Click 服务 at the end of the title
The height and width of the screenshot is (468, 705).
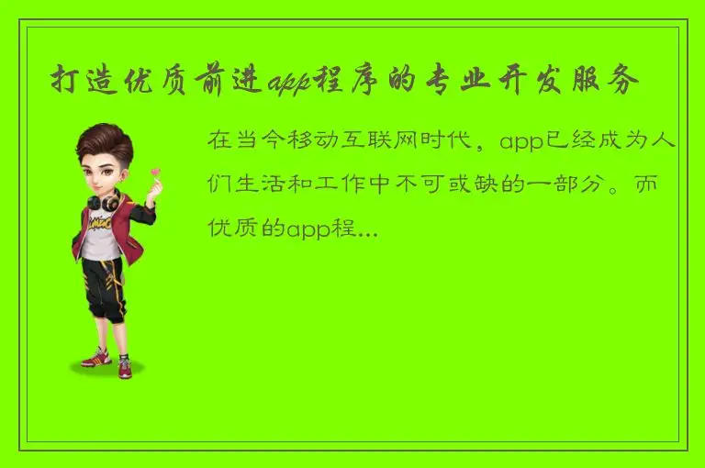(612, 82)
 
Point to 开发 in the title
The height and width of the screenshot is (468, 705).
(531, 82)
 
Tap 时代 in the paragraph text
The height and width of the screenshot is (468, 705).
(462, 142)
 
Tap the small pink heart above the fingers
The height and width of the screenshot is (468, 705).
(154, 172)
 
